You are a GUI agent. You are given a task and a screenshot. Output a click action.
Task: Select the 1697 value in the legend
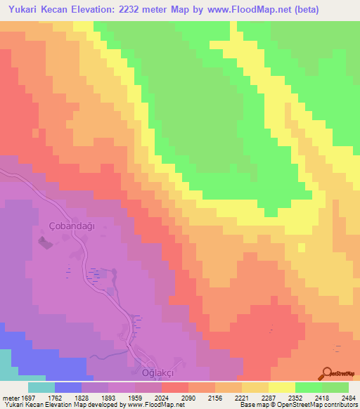click(x=27, y=398)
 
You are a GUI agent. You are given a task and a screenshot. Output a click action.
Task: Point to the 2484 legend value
click(x=349, y=398)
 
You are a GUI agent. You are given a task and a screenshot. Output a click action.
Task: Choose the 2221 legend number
click(x=242, y=398)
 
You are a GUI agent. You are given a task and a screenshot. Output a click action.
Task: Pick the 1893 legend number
click(x=107, y=398)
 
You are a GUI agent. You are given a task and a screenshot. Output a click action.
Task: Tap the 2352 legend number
click(x=296, y=398)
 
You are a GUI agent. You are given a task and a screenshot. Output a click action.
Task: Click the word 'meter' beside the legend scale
click(x=8, y=398)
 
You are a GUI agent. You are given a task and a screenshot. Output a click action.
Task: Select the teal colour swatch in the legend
click(x=41, y=387)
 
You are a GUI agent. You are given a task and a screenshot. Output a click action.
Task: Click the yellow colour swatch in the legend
click(x=282, y=387)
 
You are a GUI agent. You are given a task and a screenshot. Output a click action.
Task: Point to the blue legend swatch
click(x=68, y=387)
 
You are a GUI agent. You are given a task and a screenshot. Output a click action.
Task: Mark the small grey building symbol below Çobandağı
click(x=44, y=243)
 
